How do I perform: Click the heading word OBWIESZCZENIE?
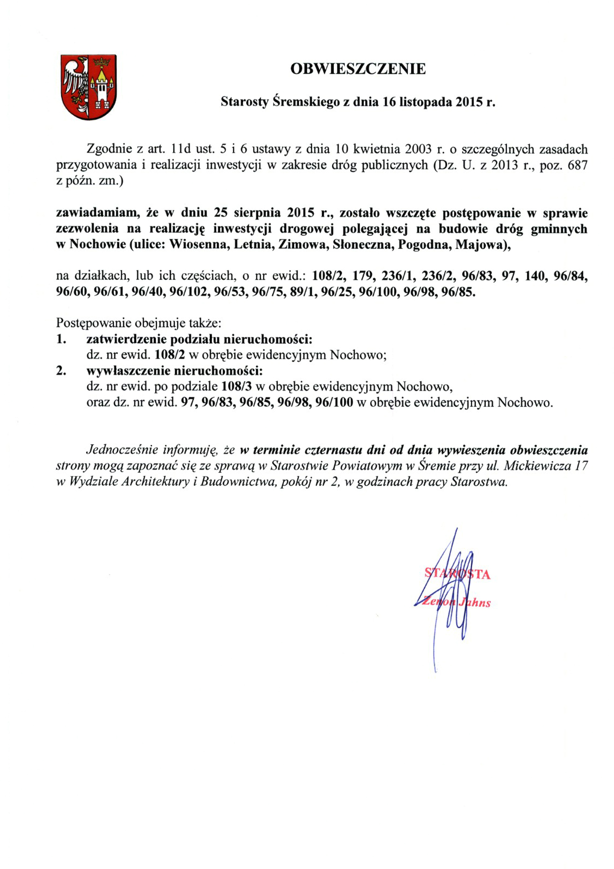coord(358,69)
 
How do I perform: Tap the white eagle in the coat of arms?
coord(76,82)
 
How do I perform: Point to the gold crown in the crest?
coord(102,62)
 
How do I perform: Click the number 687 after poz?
coord(577,165)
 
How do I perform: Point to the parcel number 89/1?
coord(302,292)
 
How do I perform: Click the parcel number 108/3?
coord(237,386)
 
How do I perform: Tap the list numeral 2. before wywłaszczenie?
coord(61,371)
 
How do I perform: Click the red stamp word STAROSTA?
coord(457,574)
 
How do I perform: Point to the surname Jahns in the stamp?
coord(475,603)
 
